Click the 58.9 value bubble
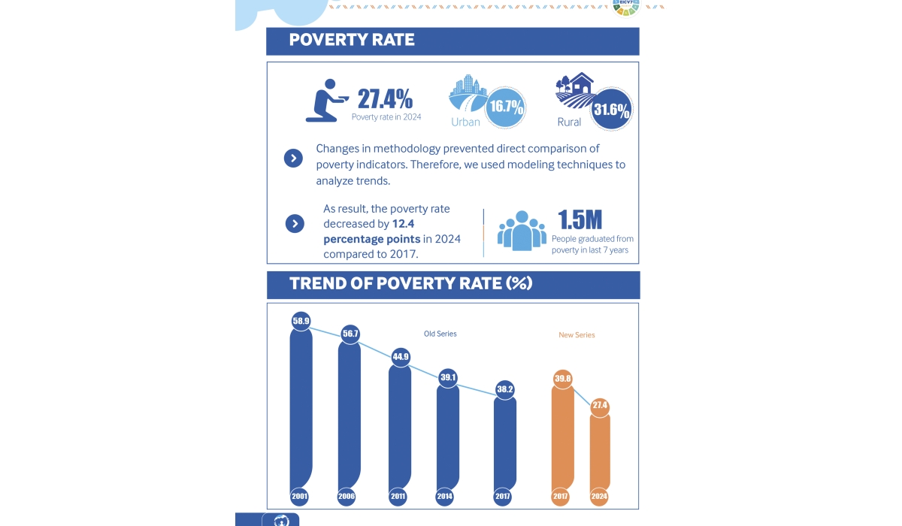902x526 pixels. point(301,321)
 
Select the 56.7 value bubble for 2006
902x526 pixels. point(350,334)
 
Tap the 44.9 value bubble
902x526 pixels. point(400,356)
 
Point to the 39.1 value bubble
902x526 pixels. point(448,377)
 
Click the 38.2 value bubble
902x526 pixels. point(505,389)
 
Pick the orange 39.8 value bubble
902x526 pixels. point(563,379)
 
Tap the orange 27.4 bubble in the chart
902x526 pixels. point(600,406)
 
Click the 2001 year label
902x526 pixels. point(301,497)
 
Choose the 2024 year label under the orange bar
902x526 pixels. point(600,497)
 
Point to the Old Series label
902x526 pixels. point(440,334)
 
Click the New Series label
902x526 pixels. point(577,335)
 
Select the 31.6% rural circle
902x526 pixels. point(611,110)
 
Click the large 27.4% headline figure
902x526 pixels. point(384,98)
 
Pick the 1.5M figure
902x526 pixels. point(580,220)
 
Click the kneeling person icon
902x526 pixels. point(326,101)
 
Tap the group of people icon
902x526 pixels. point(521,230)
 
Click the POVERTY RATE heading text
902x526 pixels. point(352,40)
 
